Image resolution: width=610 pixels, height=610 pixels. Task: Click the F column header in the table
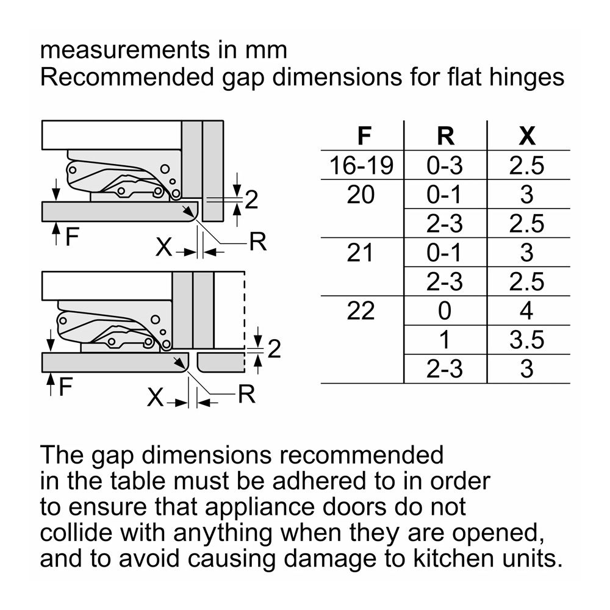(x=364, y=136)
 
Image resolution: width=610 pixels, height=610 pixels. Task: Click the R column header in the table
(x=445, y=136)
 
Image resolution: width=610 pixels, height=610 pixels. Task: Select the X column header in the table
(x=527, y=136)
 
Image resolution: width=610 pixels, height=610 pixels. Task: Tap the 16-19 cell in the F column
(x=361, y=165)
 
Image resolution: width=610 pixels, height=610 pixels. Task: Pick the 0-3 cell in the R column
(x=445, y=165)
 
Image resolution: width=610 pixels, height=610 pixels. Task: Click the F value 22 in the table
(x=361, y=311)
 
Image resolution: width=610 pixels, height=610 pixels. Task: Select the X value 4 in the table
(x=526, y=311)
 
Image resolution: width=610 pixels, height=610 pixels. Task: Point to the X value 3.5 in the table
(x=527, y=340)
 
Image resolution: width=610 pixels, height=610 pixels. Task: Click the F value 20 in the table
(x=361, y=195)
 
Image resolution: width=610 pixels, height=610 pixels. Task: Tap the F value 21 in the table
(x=360, y=253)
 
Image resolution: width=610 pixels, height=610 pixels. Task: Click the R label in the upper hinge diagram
(x=257, y=242)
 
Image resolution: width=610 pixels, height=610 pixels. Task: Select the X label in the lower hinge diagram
(x=155, y=397)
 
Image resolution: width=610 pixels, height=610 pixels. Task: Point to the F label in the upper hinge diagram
(x=72, y=236)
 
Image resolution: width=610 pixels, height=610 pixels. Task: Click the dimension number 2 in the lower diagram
(x=274, y=348)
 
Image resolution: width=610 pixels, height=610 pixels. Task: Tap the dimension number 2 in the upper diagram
(x=251, y=200)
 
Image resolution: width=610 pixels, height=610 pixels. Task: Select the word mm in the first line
(x=266, y=51)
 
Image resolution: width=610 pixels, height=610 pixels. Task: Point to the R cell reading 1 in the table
(x=445, y=340)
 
